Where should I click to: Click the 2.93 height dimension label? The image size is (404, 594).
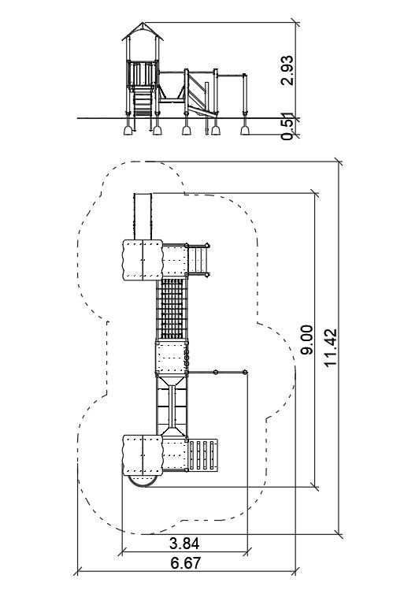coord(287,70)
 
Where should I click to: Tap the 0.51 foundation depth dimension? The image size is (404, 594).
coord(287,127)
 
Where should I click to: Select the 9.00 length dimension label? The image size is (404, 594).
coord(306,340)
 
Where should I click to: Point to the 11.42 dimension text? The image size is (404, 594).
coord(330,347)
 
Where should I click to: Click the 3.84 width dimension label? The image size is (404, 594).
coord(184,544)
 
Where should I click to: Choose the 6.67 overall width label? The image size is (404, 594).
coord(186,563)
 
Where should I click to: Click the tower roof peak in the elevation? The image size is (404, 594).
coord(143,23)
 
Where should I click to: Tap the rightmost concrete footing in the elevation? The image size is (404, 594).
coord(245,130)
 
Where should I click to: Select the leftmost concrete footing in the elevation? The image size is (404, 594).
coord(128,130)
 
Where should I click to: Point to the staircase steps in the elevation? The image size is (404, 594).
coord(143,101)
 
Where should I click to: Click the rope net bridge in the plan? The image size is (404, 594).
coord(172,309)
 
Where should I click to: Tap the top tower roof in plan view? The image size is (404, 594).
coord(143,260)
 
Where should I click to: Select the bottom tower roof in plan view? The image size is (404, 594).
coord(143,455)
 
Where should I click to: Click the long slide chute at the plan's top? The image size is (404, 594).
coord(143,217)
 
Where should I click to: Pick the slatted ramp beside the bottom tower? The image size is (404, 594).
coord(203,455)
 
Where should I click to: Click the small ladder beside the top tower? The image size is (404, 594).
coord(198,260)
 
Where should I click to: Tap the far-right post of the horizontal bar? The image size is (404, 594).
coord(245,373)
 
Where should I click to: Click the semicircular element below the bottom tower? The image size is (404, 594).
coord(143,481)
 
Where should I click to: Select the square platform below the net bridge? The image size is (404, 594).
coord(172,358)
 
